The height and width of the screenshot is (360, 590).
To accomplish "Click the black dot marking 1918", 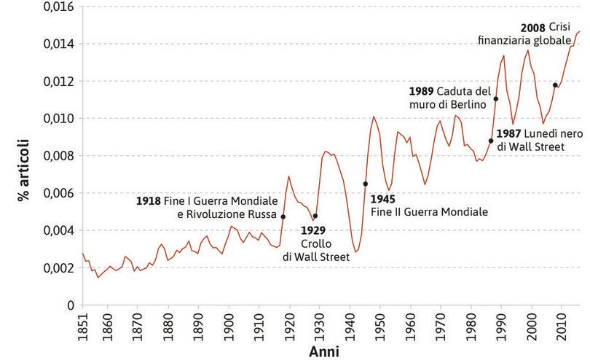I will click(x=283, y=216).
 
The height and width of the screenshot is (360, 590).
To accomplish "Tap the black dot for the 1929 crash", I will click(x=315, y=216).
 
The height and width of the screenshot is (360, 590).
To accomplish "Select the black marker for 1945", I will click(x=365, y=184).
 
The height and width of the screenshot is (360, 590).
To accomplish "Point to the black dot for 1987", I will click(x=491, y=141).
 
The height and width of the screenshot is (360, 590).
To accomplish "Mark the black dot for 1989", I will click(x=496, y=99).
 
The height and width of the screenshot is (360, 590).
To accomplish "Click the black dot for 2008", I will click(x=555, y=85).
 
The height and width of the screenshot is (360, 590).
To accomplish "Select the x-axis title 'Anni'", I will click(x=323, y=352).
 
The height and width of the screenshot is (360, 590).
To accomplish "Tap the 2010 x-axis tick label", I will click(x=562, y=324).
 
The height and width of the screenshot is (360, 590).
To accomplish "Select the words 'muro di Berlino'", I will click(x=447, y=105).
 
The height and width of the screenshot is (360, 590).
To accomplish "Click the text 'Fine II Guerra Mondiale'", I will click(x=428, y=212).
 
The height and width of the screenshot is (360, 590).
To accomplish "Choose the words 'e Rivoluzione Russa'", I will click(x=227, y=214).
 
